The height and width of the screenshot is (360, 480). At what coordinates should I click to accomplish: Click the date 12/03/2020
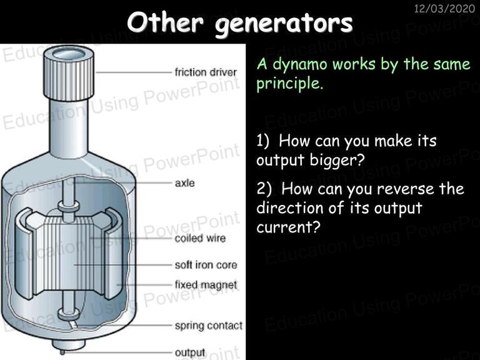pos(444,8)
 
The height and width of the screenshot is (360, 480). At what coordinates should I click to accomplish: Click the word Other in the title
pos(165,22)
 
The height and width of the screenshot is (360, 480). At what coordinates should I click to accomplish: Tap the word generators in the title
pos(284,24)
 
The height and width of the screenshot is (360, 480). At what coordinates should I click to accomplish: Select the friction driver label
pos(206,72)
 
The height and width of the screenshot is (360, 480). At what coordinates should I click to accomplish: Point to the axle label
pos(184,182)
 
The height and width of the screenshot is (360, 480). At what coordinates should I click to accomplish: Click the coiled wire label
pos(200,238)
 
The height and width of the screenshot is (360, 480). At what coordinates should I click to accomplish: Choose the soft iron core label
pos(206,265)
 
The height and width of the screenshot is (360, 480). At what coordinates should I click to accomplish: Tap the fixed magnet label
pos(206,285)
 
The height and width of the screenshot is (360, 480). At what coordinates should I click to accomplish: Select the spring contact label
pos(209,326)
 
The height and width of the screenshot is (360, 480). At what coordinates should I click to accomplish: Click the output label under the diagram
pos(190,352)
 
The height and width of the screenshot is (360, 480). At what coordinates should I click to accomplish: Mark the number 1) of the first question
pos(263,141)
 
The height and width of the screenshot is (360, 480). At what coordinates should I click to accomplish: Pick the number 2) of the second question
pos(264,189)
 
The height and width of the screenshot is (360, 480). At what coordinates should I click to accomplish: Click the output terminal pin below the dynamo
pos(62,352)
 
